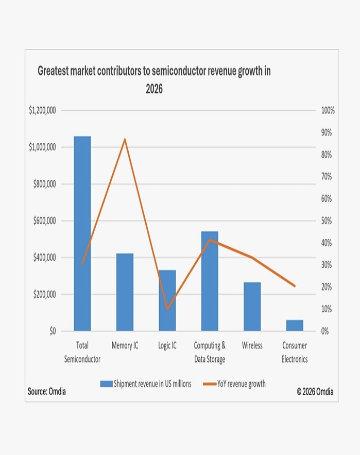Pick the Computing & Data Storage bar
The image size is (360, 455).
(210, 281)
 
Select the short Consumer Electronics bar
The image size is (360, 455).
(295, 325)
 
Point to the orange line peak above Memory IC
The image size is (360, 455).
(125, 139)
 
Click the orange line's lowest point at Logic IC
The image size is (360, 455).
(167, 309)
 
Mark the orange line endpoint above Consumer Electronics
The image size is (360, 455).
(295, 286)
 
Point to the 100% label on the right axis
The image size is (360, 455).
(328, 110)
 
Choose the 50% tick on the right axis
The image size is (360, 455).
(328, 221)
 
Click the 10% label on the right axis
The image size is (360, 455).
(328, 309)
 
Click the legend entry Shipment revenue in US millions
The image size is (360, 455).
(145, 383)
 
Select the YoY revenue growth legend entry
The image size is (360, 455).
(234, 383)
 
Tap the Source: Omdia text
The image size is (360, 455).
(47, 392)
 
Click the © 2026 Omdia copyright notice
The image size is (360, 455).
(315, 392)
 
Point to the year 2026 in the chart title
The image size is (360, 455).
(154, 89)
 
